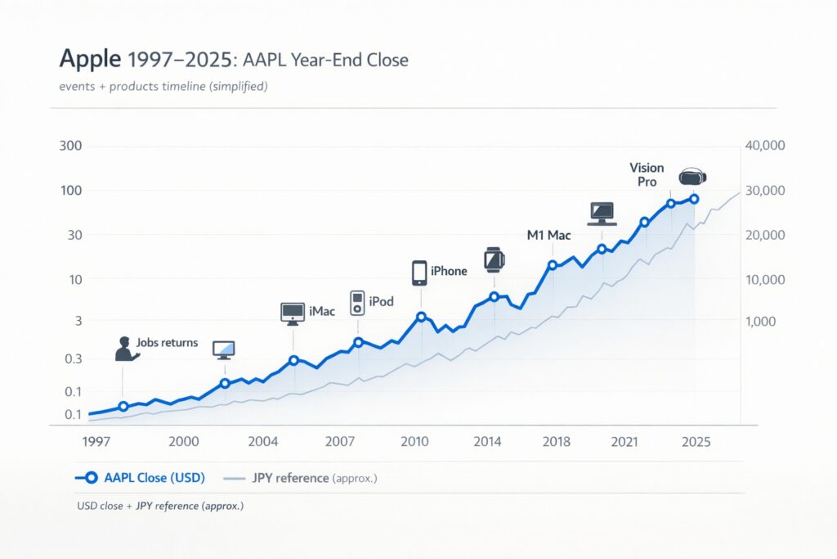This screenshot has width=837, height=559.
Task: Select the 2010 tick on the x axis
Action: pos(415,442)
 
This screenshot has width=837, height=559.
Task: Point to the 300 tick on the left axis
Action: pos(72,146)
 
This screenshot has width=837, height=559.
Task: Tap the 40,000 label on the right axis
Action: pos(766,146)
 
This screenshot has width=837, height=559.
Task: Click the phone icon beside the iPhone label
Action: pos(419,273)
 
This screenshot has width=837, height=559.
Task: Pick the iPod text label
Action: pos(382,301)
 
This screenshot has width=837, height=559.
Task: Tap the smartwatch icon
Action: pos(494,259)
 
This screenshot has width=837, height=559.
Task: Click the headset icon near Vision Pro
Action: pos(693,176)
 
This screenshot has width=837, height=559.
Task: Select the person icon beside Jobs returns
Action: pos(126,348)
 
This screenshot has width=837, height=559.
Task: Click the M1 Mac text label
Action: pos(548,235)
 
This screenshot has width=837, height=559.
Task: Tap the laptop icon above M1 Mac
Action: pos(602,214)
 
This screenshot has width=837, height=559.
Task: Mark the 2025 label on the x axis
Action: pos(696,442)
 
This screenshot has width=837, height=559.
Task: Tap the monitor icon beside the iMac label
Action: pos(293,312)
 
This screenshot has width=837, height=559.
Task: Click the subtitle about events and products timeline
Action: pos(163,86)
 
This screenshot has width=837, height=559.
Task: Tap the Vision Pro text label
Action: pos(646,174)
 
